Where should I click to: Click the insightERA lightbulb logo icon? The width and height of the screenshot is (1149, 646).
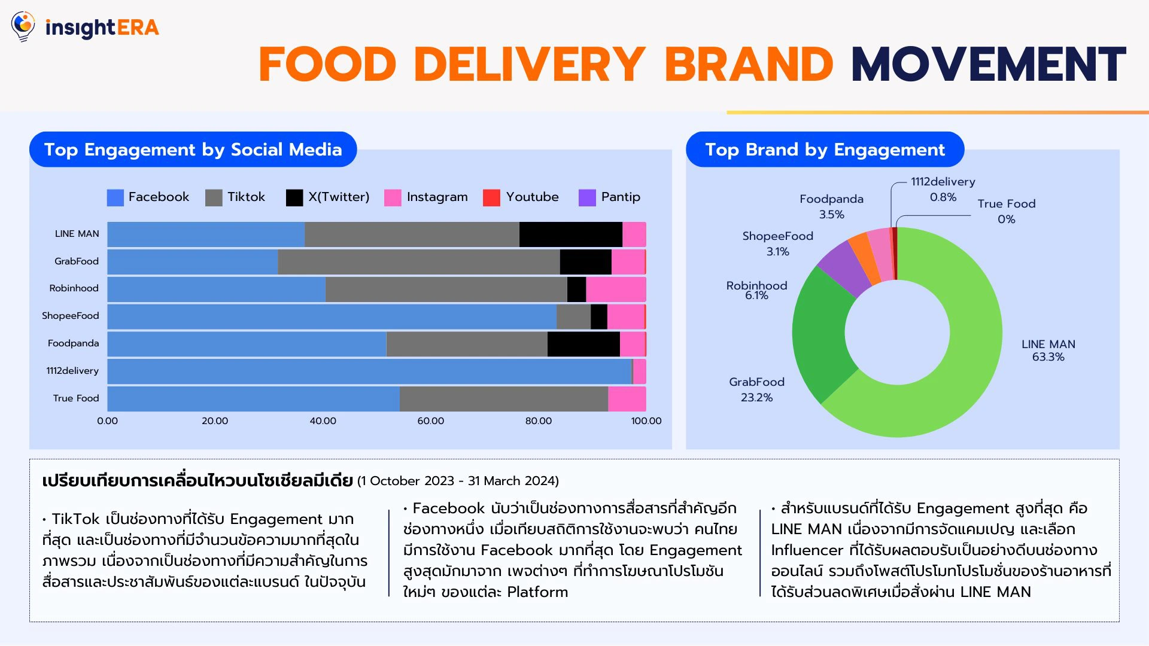click(23, 26)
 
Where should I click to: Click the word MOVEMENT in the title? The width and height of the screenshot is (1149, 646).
click(988, 65)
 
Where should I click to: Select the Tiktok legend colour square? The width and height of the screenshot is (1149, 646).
click(214, 197)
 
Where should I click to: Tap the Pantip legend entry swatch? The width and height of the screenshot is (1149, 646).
click(587, 197)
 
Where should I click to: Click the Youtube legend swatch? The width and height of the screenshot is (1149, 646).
click(491, 197)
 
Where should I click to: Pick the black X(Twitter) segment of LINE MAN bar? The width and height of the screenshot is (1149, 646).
click(570, 234)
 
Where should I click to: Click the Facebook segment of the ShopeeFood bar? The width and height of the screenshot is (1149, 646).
click(332, 316)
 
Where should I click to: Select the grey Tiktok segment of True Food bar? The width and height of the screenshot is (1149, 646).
click(503, 399)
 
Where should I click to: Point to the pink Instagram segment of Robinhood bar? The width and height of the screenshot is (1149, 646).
click(615, 290)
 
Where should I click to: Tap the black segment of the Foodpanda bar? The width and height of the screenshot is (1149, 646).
click(583, 344)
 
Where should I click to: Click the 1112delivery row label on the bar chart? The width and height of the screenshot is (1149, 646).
click(72, 371)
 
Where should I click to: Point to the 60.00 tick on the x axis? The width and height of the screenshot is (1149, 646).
click(430, 421)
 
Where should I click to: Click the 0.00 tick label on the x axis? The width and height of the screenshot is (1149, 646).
click(108, 421)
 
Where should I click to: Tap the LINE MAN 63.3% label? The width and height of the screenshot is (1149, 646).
click(1048, 351)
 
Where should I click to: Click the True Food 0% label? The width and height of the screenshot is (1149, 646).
click(1006, 211)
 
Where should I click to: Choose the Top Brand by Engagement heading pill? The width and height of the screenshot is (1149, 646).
click(825, 150)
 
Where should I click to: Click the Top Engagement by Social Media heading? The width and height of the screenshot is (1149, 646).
click(193, 150)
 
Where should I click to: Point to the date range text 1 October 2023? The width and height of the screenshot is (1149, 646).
click(412, 481)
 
